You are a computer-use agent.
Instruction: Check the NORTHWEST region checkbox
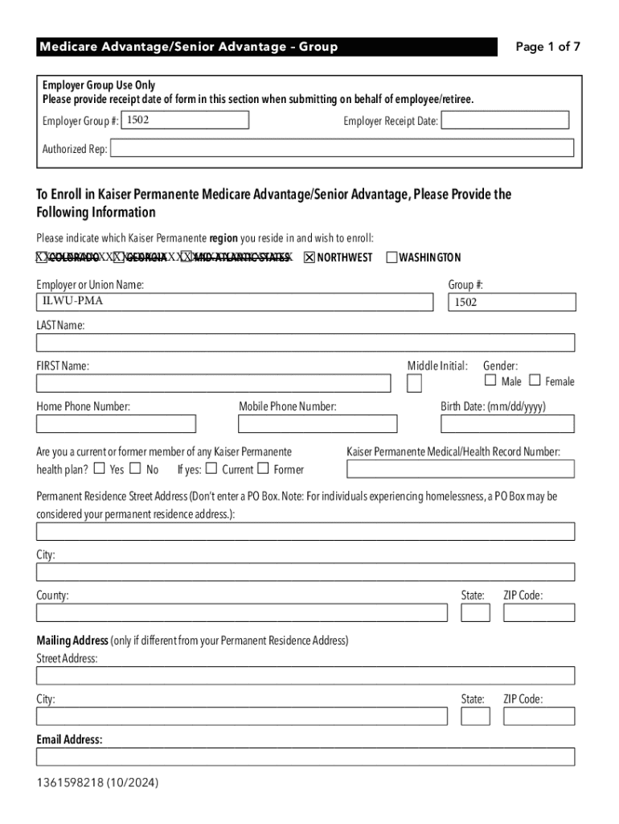click(x=309, y=257)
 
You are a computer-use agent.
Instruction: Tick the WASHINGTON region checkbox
click(x=391, y=257)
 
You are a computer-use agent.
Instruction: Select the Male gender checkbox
click(x=490, y=381)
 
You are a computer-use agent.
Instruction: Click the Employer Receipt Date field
click(x=505, y=121)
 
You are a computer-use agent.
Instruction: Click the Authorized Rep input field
click(x=342, y=148)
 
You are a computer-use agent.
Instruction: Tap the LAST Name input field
click(x=305, y=343)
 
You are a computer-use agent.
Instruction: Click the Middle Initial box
click(x=414, y=383)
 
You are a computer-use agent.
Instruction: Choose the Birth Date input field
click(x=507, y=424)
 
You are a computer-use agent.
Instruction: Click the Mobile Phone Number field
click(x=318, y=424)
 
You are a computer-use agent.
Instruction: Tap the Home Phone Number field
click(x=116, y=424)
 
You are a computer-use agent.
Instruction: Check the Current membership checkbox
click(x=211, y=468)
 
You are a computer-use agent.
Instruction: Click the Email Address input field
click(x=305, y=756)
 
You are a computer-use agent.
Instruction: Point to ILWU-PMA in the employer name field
click(x=73, y=302)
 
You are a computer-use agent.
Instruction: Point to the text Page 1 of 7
click(x=547, y=47)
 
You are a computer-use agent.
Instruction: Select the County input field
click(x=241, y=612)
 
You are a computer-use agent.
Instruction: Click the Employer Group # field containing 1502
click(x=185, y=121)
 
